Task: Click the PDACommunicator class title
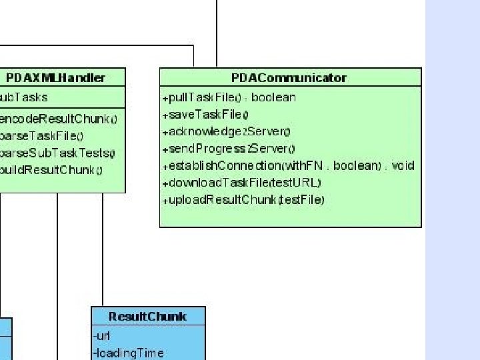(x=289, y=78)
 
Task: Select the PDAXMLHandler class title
(x=56, y=78)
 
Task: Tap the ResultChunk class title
(x=147, y=317)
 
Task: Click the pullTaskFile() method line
(x=229, y=97)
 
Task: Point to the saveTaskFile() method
(x=205, y=115)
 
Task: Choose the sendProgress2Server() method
(x=229, y=149)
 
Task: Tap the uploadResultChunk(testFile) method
(x=243, y=199)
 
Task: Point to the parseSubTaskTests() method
(x=57, y=153)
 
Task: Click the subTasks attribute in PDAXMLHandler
(x=24, y=97)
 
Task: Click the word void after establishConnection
(x=403, y=165)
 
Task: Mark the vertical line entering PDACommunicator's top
(x=217, y=33)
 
